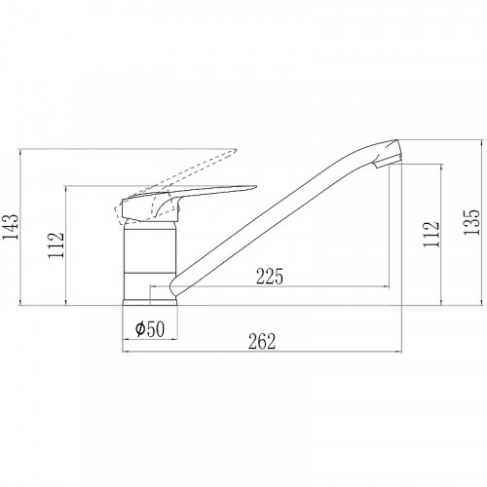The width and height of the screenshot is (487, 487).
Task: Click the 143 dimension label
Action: click(10, 227)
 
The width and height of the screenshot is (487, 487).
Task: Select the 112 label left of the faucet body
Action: click(56, 245)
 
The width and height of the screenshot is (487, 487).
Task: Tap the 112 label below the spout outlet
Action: click(431, 234)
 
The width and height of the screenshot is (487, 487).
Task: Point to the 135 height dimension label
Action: click(471, 222)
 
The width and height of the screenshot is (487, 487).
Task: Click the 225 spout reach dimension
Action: click(270, 277)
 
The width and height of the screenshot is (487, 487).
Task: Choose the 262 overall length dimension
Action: click(262, 341)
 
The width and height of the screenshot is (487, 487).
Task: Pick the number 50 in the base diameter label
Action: click(156, 329)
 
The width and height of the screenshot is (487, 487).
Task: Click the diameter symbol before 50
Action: click(140, 328)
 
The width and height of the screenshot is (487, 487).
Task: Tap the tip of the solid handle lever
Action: click(256, 187)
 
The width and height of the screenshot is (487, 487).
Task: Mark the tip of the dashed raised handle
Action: click(236, 150)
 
